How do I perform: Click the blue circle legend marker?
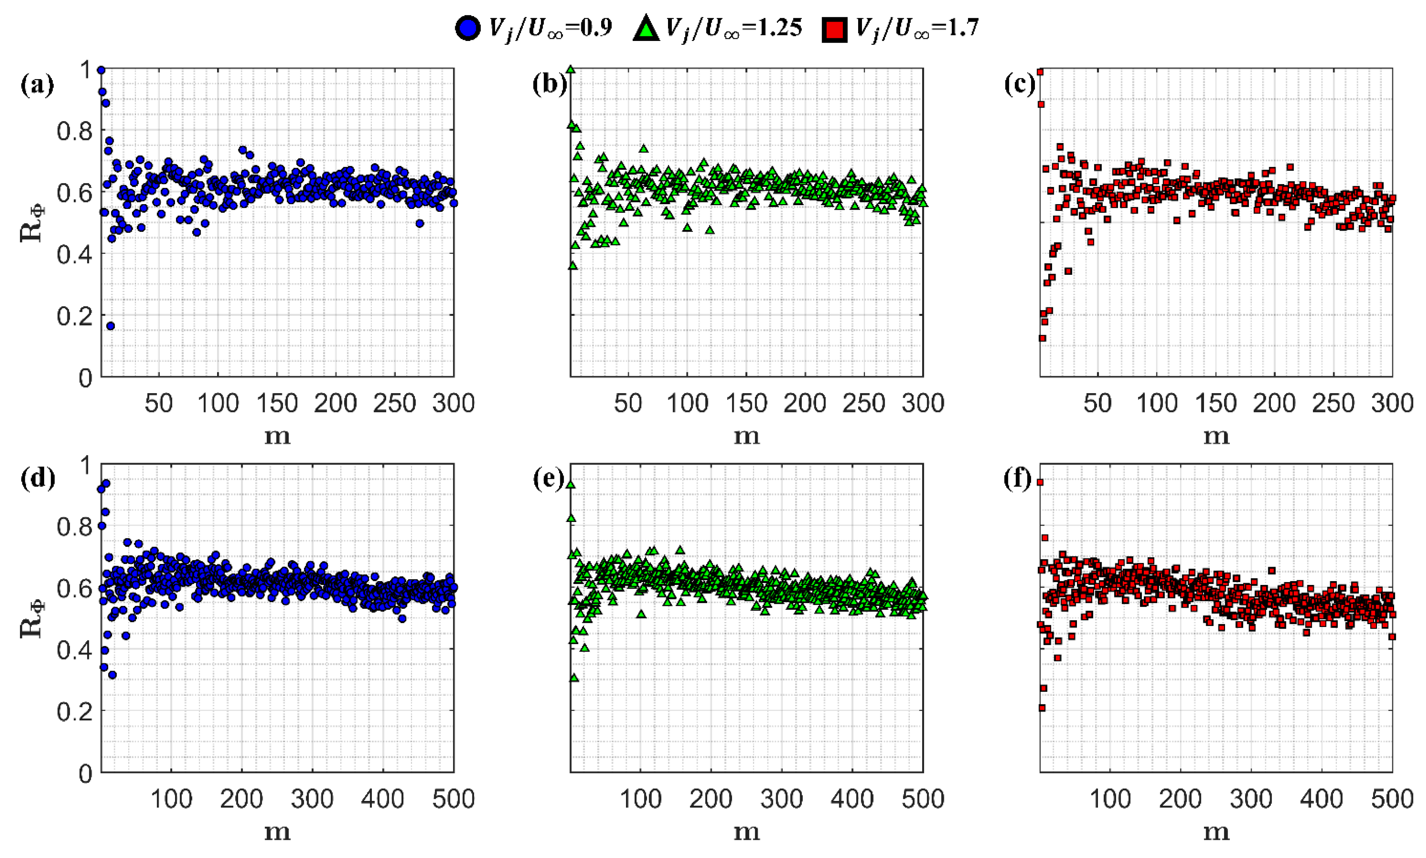coord(468,28)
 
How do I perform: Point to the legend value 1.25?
coord(781,27)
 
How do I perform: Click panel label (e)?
coord(549,479)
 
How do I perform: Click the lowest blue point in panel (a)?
coord(110,326)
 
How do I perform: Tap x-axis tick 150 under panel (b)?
coord(746,403)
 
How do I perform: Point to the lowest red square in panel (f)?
coord(1042,708)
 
